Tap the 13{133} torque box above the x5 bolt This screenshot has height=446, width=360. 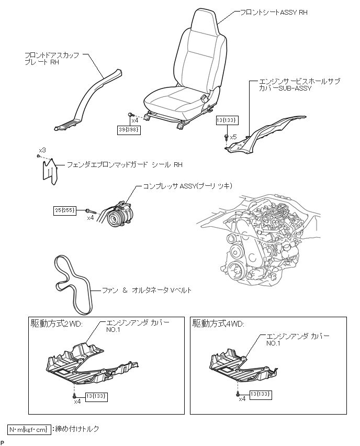[227, 120]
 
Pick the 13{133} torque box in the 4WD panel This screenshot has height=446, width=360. [261, 393]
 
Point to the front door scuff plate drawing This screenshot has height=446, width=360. [89, 99]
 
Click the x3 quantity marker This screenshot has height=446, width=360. [42, 150]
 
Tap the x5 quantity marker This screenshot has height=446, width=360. [233, 137]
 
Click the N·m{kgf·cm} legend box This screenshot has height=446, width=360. [30, 429]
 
